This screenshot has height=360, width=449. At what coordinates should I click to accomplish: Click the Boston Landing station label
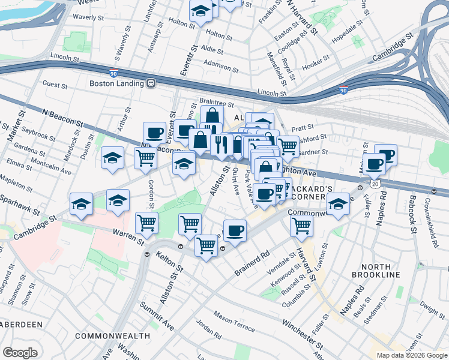click(117, 83)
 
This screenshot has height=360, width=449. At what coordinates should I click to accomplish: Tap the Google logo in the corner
click(20, 353)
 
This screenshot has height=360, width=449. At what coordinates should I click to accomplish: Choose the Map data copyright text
click(412, 355)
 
